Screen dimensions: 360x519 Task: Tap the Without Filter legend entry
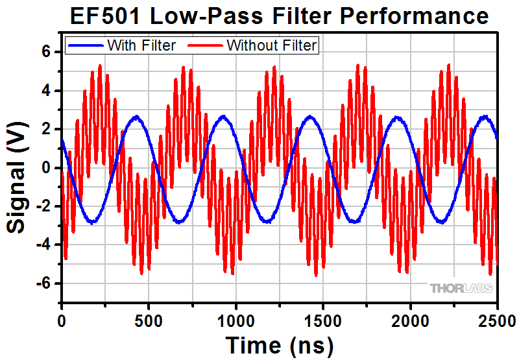272,45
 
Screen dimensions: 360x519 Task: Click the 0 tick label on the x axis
62,318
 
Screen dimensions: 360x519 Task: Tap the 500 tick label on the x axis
149,318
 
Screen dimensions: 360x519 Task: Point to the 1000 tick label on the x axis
235,318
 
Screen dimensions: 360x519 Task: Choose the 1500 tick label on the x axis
323,318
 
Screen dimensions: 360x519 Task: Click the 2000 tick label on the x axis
410,318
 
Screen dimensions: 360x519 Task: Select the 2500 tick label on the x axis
497,318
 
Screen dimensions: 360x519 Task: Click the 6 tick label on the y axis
46,52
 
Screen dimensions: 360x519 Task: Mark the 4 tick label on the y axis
46,91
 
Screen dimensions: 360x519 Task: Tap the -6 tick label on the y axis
43,283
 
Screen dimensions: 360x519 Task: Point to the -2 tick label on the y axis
43,206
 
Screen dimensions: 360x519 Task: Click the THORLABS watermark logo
461,288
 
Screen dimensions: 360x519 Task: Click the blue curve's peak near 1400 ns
309,117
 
